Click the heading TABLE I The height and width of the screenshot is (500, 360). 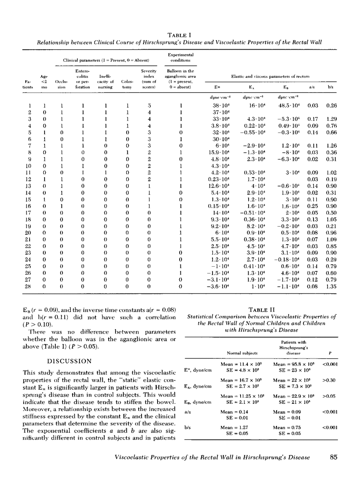pyautogui.click(x=180, y=35)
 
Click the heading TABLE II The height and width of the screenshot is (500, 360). pyautogui.click(x=261, y=309)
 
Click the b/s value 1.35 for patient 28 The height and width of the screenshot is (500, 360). pyautogui.click(x=331, y=287)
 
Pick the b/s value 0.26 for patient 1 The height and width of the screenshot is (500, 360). pyautogui.click(x=331, y=105)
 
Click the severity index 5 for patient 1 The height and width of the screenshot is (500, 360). pyautogui.click(x=149, y=105)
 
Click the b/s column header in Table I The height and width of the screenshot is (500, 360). pyautogui.click(x=331, y=86)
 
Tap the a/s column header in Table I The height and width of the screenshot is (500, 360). pyautogui.click(x=311, y=86)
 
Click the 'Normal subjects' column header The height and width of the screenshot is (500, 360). pyautogui.click(x=239, y=353)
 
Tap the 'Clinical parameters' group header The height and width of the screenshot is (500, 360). pyautogui.click(x=105, y=60)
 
